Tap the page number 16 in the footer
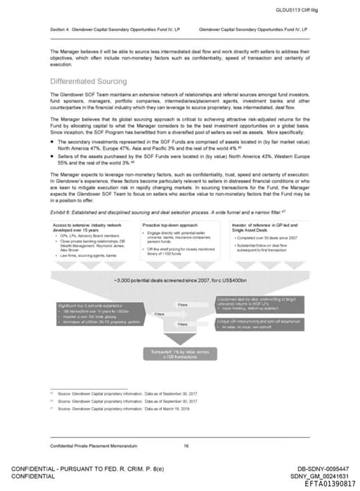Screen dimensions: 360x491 click(x=186, y=445)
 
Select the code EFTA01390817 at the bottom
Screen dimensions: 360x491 click(x=330, y=484)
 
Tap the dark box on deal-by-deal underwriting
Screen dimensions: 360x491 click(x=257, y=303)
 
